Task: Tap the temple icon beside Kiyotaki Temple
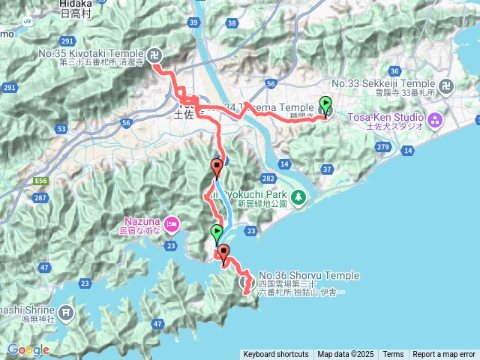[x=154, y=53]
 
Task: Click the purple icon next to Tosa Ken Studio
[x=433, y=118]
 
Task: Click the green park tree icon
[x=298, y=196]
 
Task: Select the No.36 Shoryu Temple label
[x=309, y=275]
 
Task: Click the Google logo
[x=28, y=349]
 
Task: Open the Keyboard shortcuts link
[x=275, y=355]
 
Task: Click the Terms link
[x=393, y=355]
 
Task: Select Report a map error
[x=444, y=355]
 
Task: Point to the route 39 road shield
[x=193, y=24]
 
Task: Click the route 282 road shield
[x=268, y=178]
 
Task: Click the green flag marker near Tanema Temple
[x=325, y=106]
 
